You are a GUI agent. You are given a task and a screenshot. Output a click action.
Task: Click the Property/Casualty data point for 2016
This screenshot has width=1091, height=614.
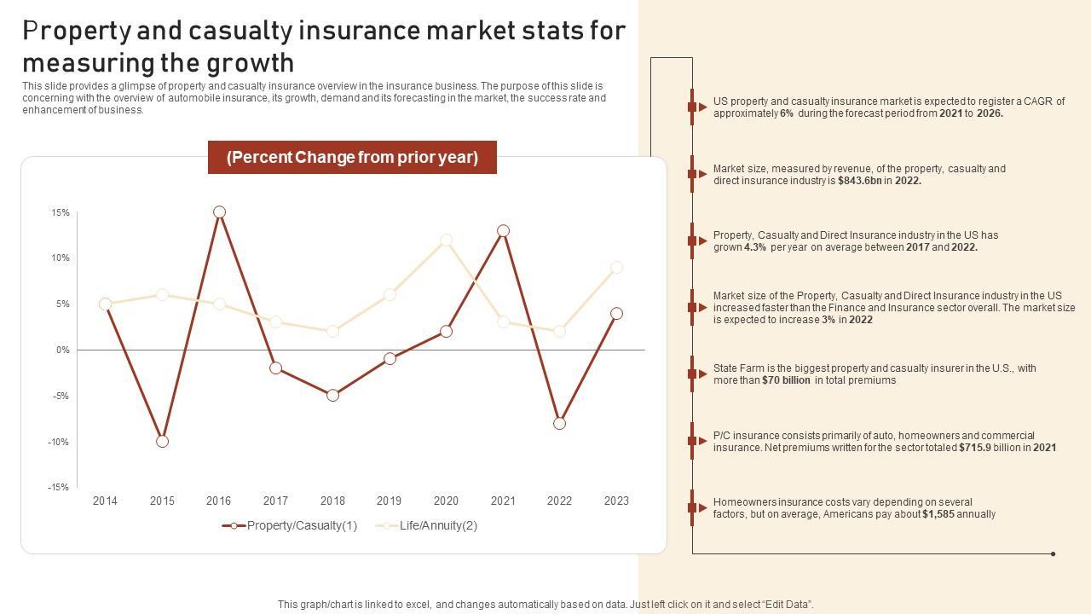coord(219,212)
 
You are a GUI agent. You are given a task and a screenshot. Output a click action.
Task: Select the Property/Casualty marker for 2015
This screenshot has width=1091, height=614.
coord(162,441)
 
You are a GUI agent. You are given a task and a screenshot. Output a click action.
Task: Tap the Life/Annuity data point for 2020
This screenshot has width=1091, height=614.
coord(446,240)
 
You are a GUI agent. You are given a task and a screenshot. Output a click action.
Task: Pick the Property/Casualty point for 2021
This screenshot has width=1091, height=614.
coord(503,231)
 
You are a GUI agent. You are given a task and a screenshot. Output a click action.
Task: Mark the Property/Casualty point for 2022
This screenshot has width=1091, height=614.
coord(559,423)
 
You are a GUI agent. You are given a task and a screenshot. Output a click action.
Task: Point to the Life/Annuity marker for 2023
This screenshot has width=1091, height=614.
coord(616,268)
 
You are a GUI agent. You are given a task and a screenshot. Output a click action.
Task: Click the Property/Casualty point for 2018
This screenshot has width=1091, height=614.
coord(332,396)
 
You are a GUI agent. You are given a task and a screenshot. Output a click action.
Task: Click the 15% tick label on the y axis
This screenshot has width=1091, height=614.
coord(60,212)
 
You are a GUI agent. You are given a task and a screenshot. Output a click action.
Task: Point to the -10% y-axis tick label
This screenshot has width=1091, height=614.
coord(58,442)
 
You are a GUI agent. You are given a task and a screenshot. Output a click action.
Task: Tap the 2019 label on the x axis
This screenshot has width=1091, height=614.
coord(389,501)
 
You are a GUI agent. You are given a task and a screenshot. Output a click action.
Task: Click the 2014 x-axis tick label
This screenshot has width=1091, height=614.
coord(105,501)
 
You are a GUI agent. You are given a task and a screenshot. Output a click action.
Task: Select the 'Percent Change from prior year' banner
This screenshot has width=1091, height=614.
coord(352,158)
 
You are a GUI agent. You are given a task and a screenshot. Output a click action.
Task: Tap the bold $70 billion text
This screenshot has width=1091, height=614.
coord(786,380)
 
